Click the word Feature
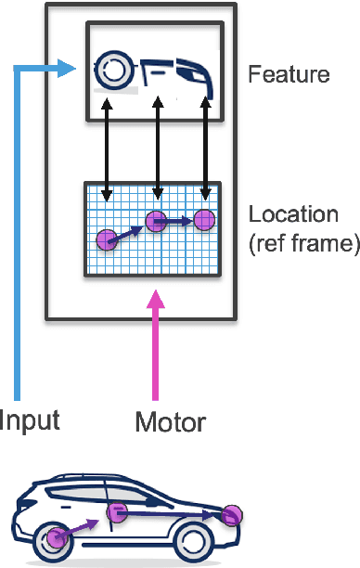[x=289, y=73]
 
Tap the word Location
[x=293, y=214]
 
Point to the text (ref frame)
[x=303, y=244]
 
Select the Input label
[x=31, y=420]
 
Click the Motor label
[x=170, y=422]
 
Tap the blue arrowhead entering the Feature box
[x=65, y=67]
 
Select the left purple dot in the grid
[x=107, y=240]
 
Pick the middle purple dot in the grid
[x=156, y=221]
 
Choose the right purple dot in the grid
[x=204, y=220]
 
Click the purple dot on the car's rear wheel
[x=58, y=536]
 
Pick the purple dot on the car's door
[x=115, y=512]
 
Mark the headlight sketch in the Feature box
[x=198, y=75]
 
